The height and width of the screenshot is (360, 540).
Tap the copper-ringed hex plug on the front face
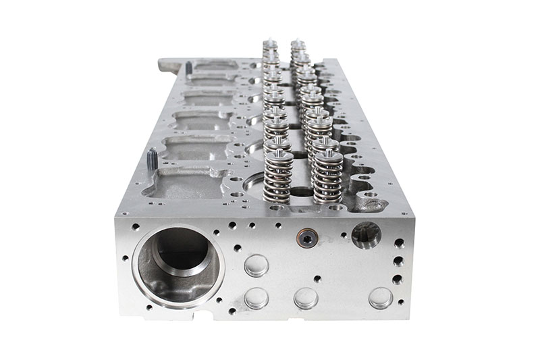click(307, 237)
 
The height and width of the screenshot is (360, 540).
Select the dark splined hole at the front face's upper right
click(366, 234)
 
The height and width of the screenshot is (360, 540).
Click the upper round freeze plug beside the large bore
click(256, 265)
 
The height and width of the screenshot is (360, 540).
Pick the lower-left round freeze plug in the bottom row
click(256, 298)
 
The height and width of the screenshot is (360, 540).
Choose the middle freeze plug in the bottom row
click(306, 298)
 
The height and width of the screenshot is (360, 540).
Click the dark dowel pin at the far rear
click(189, 68)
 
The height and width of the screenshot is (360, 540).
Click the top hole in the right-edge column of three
click(399, 243)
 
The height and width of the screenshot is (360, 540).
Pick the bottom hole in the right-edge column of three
click(398, 278)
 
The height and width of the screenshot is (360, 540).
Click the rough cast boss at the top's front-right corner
click(368, 201)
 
